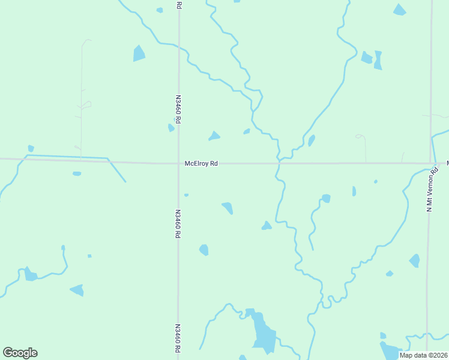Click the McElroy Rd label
(x=201, y=163)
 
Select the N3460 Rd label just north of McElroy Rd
(x=178, y=108)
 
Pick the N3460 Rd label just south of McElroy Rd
(x=178, y=224)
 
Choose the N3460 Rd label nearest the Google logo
(x=178, y=338)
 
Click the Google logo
(x=20, y=353)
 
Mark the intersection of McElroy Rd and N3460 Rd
(x=178, y=163)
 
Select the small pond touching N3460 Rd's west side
(x=171, y=127)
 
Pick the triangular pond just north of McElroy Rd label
(x=214, y=136)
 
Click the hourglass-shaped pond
(x=378, y=59)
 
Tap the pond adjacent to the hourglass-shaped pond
(x=366, y=58)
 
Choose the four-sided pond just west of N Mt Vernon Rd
(x=414, y=260)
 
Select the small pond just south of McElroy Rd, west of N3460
(x=77, y=174)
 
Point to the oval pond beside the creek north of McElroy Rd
(x=312, y=140)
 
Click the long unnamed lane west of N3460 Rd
(x=82, y=96)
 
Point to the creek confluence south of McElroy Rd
(x=322, y=294)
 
